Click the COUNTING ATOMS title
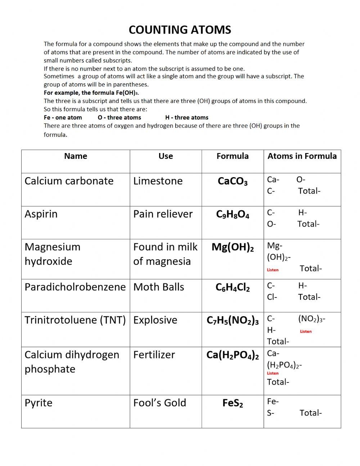(180, 30)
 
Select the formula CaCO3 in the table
(233, 181)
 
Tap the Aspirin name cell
(41, 214)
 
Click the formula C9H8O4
(233, 215)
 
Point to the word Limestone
(158, 181)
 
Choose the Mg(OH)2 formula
(233, 247)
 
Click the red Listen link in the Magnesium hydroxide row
(273, 270)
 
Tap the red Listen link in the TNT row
(306, 331)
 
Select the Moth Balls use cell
(158, 287)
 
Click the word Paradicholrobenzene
(75, 287)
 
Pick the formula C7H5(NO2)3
(233, 321)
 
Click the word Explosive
(155, 320)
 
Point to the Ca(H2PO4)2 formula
(233, 355)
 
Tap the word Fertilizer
(154, 355)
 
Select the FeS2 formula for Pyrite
(233, 403)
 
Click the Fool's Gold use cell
(159, 403)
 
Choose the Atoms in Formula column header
(302, 156)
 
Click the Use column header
(166, 156)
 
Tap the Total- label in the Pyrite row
(310, 413)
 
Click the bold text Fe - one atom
(63, 117)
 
